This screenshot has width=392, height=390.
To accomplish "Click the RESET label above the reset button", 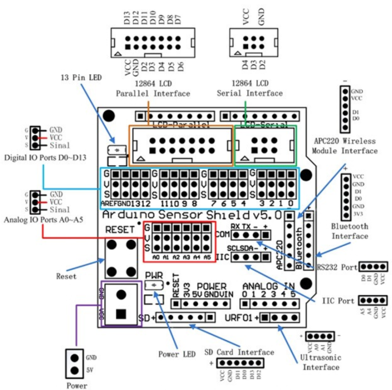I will pyautogui.click(x=120, y=229).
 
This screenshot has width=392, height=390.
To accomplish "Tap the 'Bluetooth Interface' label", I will pyautogui.click(x=350, y=231).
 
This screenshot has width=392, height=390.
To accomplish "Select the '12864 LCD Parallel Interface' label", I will pyautogui.click(x=153, y=88).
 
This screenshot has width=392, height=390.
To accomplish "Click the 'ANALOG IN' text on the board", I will pyautogui.click(x=268, y=286).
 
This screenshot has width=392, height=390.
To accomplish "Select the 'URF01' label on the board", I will pyautogui.click(x=240, y=317).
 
